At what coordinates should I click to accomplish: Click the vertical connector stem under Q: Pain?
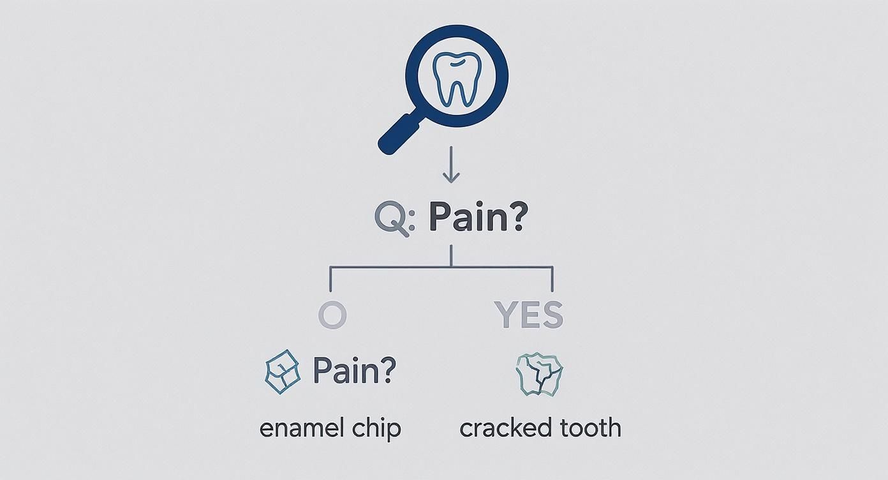(x=451, y=255)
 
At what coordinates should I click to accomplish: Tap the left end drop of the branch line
(x=330, y=280)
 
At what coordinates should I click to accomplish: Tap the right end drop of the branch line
(x=552, y=280)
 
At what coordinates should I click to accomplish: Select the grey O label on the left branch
(x=332, y=315)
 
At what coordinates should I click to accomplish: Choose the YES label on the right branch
(x=529, y=315)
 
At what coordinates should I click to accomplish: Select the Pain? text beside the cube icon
(x=355, y=370)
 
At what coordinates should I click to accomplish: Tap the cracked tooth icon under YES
(x=539, y=375)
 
